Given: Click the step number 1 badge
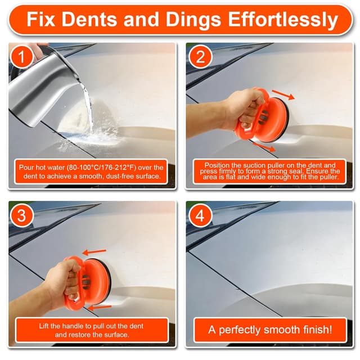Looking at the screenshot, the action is [21, 57].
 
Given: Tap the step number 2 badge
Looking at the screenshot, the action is [200, 57].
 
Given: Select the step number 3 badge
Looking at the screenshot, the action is [21, 215].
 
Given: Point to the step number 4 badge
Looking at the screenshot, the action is [200, 215].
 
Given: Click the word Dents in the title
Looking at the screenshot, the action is [89, 19].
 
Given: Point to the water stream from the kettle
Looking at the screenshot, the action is [88, 108].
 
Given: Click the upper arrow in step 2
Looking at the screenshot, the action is [283, 94].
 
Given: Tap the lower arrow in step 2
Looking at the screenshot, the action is [264, 147].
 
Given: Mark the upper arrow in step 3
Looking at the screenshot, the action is [94, 252].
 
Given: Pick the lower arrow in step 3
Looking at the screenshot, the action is [100, 308].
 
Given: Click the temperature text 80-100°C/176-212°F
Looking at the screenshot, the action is [101, 168].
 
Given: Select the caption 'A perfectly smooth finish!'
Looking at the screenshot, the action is [270, 330].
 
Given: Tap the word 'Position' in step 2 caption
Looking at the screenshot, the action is [217, 165].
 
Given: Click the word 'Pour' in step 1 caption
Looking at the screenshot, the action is [25, 168].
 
